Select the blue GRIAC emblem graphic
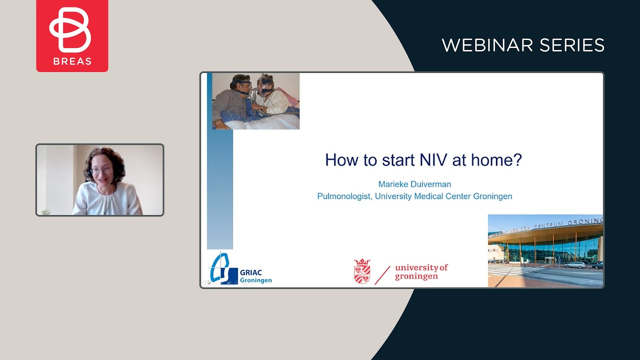point(223,270)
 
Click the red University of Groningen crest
point(362,271)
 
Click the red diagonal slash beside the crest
point(382,274)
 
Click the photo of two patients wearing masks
point(255,101)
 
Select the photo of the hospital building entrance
point(545,251)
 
